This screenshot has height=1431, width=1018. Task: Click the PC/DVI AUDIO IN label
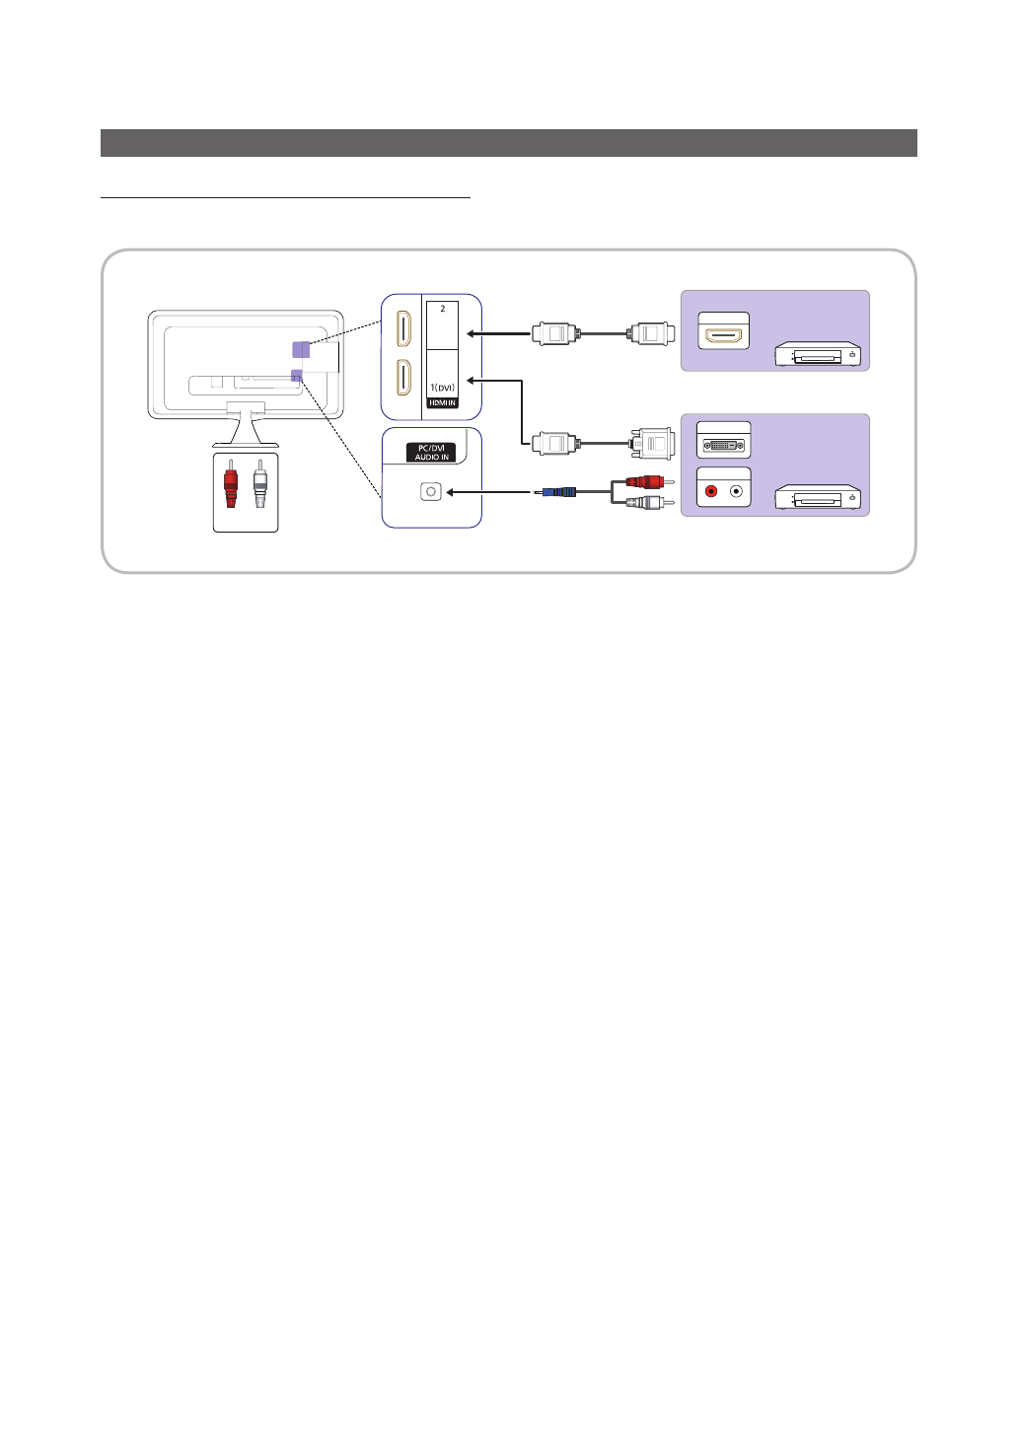431,453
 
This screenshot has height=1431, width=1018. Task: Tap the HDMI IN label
442,402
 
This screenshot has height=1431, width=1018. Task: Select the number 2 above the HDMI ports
443,309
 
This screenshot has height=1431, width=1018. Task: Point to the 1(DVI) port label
442,388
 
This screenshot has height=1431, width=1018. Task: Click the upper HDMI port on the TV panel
403,329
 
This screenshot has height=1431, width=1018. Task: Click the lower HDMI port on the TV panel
403,377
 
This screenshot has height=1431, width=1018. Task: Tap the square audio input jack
430,491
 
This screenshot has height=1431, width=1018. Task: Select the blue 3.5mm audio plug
558,491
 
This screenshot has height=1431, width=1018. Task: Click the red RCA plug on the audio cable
646,482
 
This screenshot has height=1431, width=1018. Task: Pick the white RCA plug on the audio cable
646,502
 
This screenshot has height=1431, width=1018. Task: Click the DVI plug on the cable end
652,443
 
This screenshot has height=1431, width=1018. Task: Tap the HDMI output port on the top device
723,334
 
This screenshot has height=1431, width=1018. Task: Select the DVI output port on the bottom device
723,446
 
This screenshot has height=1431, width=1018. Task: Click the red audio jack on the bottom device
711,491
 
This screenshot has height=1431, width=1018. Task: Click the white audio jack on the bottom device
736,491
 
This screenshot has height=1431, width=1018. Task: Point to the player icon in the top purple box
818,354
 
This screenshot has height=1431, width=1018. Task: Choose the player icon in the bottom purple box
818,498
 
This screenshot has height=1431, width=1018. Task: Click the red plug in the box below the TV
231,483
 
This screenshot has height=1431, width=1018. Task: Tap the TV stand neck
246,426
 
